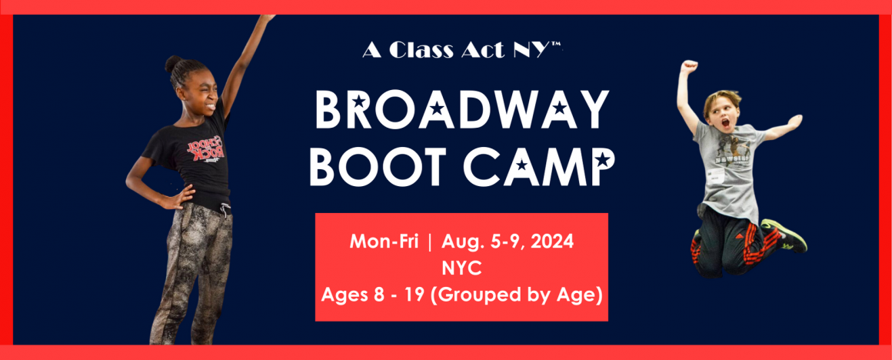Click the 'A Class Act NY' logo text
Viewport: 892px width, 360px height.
click(462, 51)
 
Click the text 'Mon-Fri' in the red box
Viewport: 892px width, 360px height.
click(384, 242)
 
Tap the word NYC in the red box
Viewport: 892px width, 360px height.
click(461, 268)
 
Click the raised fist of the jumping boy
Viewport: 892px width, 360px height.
click(690, 66)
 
